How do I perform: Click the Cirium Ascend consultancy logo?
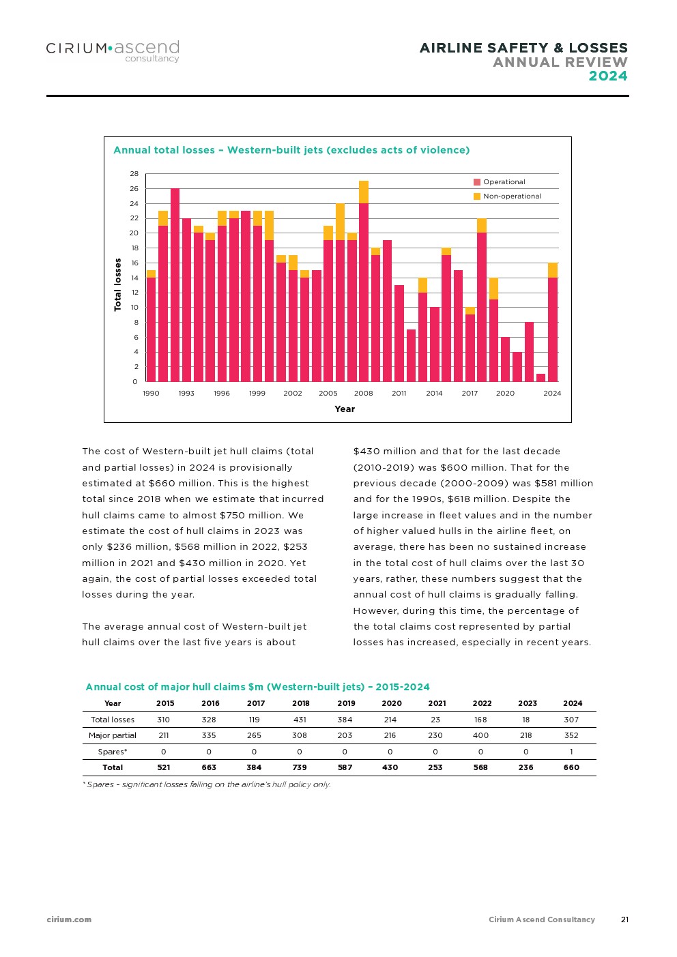(113, 50)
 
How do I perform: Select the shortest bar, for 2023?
(541, 378)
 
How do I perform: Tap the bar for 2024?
(553, 327)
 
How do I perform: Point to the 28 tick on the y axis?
(134, 174)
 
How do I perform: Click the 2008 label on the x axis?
(363, 394)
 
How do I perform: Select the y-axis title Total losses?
(117, 284)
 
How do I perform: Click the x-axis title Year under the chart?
(345, 409)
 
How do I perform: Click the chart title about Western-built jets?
(291, 150)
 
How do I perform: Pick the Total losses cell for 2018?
(300, 720)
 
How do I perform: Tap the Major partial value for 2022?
(480, 735)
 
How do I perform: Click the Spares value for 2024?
(571, 752)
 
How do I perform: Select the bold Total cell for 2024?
(571, 767)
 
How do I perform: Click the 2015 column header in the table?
(165, 703)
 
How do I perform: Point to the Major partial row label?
(113, 735)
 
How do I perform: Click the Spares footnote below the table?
(207, 784)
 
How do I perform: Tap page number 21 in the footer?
(624, 919)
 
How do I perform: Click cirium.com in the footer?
(69, 919)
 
